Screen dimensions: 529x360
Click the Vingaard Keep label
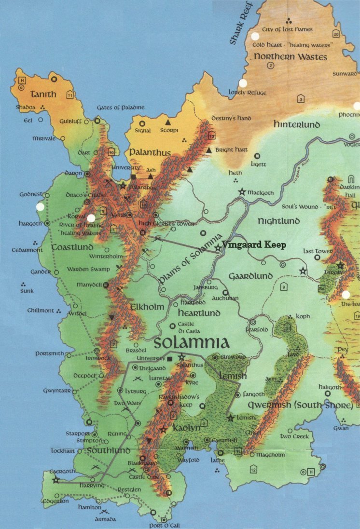[254, 245]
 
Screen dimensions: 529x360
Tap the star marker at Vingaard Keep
[218, 247]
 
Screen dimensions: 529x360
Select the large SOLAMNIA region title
[191, 343]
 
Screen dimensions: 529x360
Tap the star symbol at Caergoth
[55, 479]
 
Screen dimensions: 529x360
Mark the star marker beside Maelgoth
[242, 192]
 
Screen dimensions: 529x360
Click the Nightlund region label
[278, 221]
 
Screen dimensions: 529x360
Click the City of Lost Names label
[287, 29]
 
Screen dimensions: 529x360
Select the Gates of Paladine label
[121, 107]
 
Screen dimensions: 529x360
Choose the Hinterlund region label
[297, 124]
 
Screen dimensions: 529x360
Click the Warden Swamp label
[88, 269]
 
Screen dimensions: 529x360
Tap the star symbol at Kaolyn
[163, 429]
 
